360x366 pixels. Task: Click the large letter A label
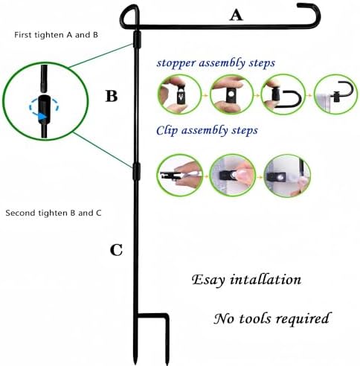(236, 16)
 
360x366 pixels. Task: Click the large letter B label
(112, 96)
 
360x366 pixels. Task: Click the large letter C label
(116, 250)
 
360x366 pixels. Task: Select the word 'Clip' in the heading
(167, 130)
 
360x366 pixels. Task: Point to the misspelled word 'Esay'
(208, 280)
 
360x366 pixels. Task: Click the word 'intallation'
(266, 280)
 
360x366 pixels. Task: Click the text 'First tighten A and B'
(56, 35)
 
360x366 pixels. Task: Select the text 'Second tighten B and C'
(54, 213)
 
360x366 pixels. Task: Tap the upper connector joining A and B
(137, 39)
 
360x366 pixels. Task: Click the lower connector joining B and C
(136, 171)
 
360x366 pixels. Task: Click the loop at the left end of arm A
(129, 17)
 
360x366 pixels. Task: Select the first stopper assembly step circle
(179, 94)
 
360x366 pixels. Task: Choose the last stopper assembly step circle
(336, 94)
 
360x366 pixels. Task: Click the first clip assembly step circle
(180, 175)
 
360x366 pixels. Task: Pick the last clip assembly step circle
(287, 176)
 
